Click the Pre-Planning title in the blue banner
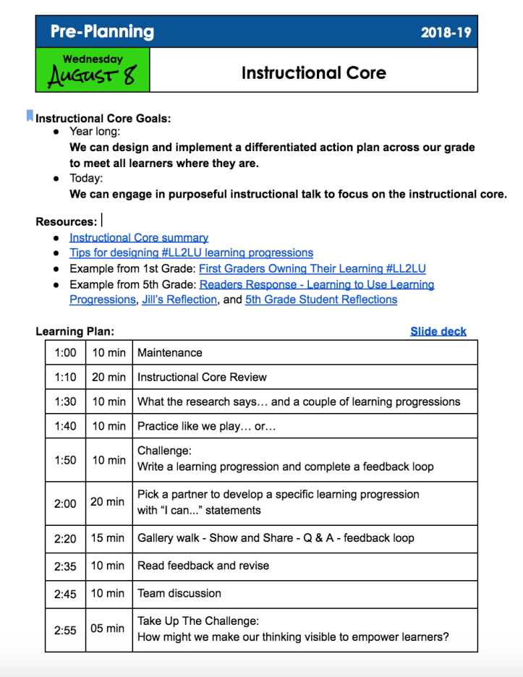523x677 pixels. coord(102,32)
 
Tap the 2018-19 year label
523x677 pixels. coord(446,33)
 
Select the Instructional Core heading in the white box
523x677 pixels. coord(313,73)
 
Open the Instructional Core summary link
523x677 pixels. coord(139,237)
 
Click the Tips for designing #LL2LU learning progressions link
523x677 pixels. coord(191,253)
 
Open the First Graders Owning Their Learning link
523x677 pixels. coord(312,268)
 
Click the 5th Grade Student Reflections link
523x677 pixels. coord(321,299)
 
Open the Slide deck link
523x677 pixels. coord(438,331)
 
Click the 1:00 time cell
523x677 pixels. coord(65,353)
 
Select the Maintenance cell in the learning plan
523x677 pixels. coord(170,353)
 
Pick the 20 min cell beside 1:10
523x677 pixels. coord(109,377)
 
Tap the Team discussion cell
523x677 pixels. coord(179,593)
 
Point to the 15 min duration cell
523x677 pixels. coord(109,538)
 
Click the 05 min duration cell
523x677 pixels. coord(108,629)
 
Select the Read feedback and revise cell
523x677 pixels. coord(203,566)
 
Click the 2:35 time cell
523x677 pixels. coord(65,566)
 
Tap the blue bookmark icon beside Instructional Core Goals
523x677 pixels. coord(30,114)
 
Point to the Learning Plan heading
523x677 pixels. coord(75,331)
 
